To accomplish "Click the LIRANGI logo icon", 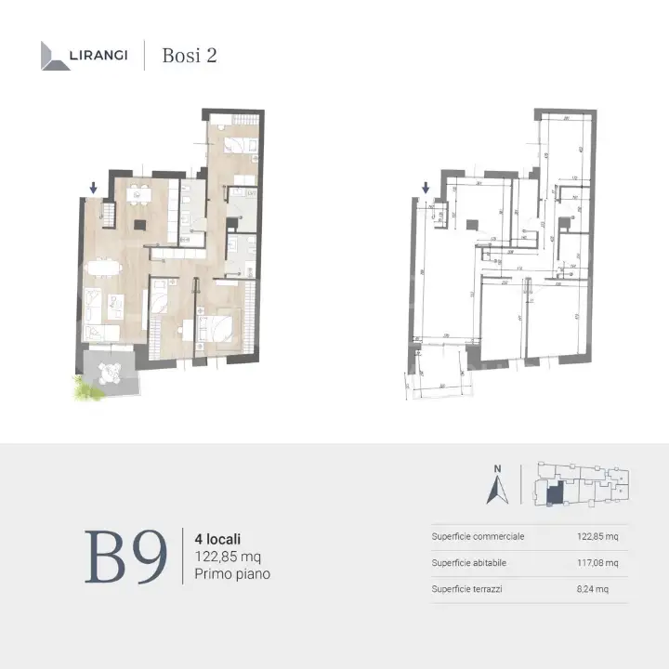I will click(55, 56).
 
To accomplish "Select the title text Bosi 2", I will click(190, 55).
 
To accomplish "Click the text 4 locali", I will click(218, 538).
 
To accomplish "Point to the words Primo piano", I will click(233, 574).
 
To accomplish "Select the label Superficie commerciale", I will click(479, 536).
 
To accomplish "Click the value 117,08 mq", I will click(598, 562).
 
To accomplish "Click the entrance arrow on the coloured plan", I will click(93, 189).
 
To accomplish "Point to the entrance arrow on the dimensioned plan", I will click(426, 189).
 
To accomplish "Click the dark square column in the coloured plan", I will click(138, 225).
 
